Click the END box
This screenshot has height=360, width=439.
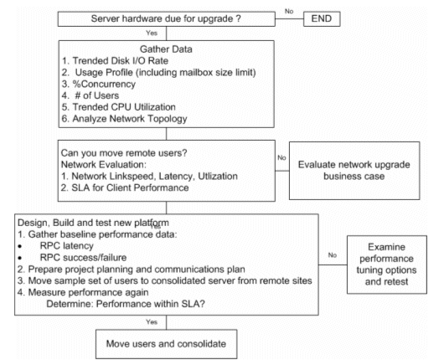point(322,19)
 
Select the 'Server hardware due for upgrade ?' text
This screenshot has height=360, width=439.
point(166,18)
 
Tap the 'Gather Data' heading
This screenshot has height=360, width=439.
point(166,49)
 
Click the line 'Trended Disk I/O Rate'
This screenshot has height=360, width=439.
point(115,61)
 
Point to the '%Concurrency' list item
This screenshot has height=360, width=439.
point(99,84)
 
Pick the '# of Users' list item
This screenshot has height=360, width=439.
point(90,95)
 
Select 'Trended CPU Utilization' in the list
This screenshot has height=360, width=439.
point(119,107)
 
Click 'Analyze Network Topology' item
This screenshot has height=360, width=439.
point(124,119)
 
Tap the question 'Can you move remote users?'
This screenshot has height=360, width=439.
point(124,153)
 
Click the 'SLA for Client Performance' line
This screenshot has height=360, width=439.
point(125,188)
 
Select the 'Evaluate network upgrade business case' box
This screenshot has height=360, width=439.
point(354,171)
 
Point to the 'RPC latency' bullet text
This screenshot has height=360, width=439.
point(67,246)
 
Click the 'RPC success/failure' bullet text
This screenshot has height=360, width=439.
point(83,257)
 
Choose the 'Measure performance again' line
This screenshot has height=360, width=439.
point(83,292)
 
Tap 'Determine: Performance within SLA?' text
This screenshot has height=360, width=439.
point(126,304)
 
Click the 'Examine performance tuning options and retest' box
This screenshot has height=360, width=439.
point(387,265)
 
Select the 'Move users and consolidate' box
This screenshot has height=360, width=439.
point(167,344)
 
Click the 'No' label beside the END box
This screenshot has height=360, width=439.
point(289,11)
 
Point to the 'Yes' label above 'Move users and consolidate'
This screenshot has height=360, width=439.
point(152,322)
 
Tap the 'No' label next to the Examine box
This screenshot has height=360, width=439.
point(333,255)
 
